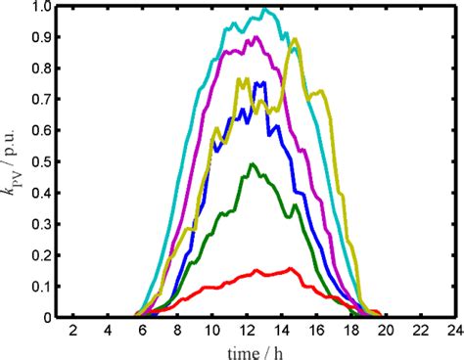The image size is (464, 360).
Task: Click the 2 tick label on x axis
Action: (73, 331)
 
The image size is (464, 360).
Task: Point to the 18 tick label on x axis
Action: (350, 331)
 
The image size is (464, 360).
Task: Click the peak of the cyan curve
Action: (265, 10)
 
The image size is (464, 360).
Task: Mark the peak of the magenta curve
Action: (256, 38)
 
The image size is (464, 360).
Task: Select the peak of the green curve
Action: (253, 164)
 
